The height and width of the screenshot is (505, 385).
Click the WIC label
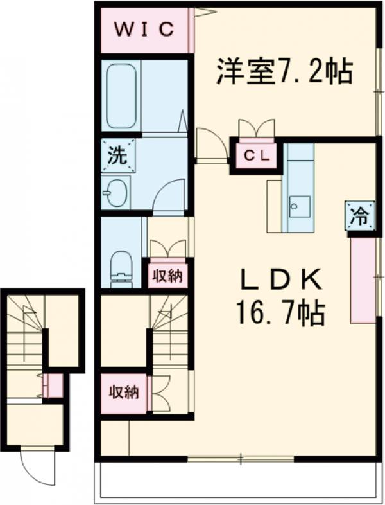[x=144, y=30]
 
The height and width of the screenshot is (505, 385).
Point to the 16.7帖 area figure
[x=280, y=313]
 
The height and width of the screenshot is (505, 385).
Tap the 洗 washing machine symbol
[x=117, y=154]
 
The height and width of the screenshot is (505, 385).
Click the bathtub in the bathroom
[x=121, y=96]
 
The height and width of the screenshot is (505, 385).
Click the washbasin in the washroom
[x=116, y=193]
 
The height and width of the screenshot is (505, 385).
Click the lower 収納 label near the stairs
[x=124, y=393]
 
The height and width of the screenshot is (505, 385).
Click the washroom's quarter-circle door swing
[x=170, y=196]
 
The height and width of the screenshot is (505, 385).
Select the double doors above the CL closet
[x=256, y=128]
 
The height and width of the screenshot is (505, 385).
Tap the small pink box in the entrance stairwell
[x=54, y=385]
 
